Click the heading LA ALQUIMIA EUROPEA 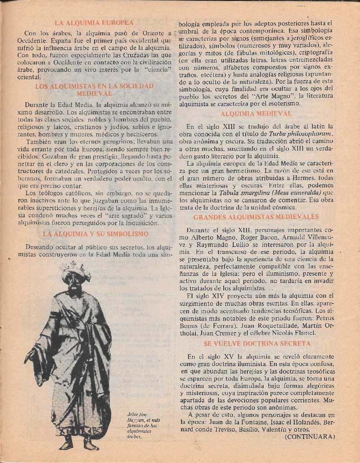coord(94,22)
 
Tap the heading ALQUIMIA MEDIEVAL coord(256,114)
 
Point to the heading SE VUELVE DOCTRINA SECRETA coord(257,344)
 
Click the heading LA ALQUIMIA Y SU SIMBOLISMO coord(95,234)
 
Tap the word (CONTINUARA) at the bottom coord(310,437)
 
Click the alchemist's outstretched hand coord(30,355)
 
